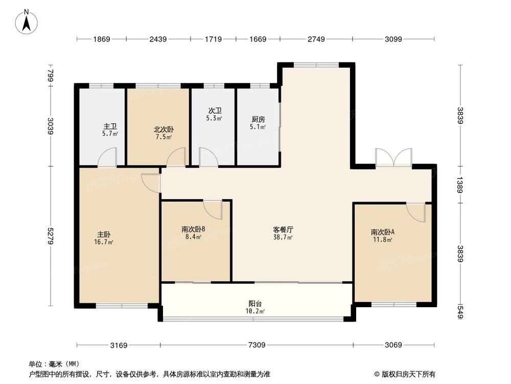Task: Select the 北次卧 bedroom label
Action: point(164,130)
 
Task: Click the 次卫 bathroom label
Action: point(214,111)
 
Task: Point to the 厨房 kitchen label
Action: point(258,119)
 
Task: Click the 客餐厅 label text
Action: point(283,230)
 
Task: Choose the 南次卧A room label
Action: point(382,232)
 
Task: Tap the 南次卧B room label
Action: point(193,229)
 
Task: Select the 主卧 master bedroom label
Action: point(104,234)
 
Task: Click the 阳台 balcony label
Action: point(255,303)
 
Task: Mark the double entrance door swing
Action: point(393,157)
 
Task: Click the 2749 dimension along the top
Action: point(316,39)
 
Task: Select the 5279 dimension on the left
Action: point(50,236)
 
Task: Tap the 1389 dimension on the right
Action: point(460,185)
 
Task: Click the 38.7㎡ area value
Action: point(283,238)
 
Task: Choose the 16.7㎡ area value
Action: point(104,242)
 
